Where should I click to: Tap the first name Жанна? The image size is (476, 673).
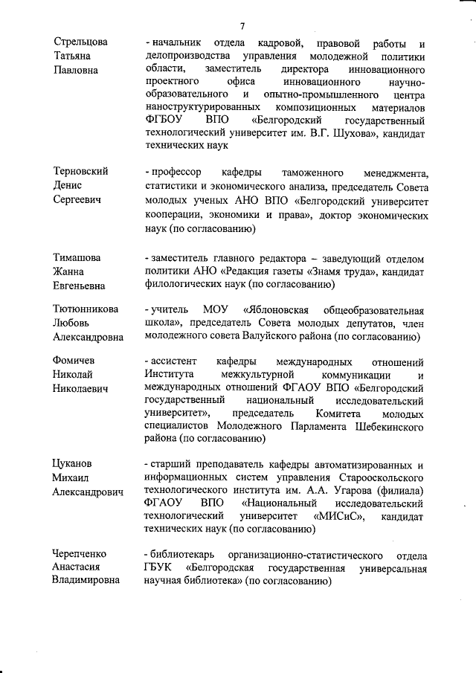68,271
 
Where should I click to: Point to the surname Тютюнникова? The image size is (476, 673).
86,309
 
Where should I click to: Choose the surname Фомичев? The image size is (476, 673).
74,361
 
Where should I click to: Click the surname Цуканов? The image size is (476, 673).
74,464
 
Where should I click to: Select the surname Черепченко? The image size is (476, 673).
80,554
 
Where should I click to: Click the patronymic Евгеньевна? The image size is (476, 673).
78,286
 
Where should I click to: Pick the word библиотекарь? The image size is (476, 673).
183,555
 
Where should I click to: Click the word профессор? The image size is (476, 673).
177,171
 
